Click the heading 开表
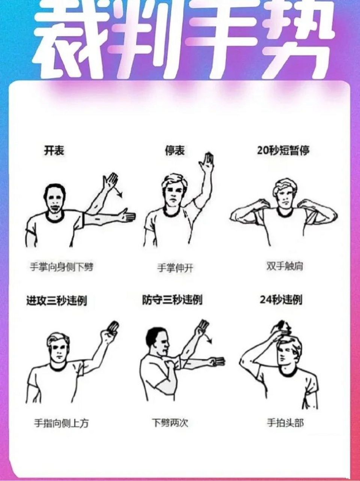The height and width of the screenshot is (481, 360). pos(54,151)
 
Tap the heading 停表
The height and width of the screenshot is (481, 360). pos(175,151)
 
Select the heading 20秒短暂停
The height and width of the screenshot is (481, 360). pos(283,151)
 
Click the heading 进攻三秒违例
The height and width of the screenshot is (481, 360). pos(56,301)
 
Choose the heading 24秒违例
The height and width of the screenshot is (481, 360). pos(281,300)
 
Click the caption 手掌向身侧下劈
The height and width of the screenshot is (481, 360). pos(62,267)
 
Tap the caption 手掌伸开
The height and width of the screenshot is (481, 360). pos(175,268)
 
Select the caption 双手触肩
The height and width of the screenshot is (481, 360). pos(284,266)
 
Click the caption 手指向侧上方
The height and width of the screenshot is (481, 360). pos(62,423)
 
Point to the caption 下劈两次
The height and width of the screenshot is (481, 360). pos(169,423)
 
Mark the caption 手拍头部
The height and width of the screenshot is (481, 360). pos(285,423)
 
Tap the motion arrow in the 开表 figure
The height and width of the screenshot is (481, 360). pos(119,191)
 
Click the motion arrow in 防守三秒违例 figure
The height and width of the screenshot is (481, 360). pos(208,338)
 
